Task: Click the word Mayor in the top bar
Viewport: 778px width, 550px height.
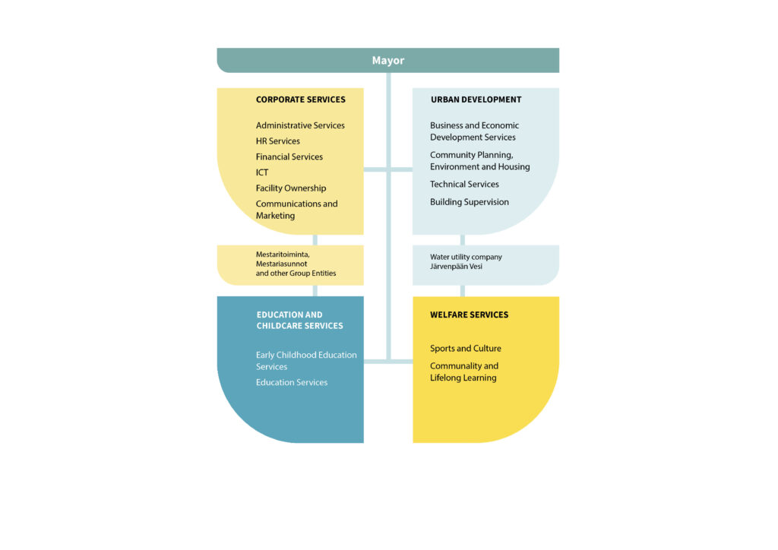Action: tap(388, 61)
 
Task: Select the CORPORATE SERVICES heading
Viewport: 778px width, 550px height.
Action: tap(301, 100)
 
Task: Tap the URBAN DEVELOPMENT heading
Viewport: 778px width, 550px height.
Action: tap(476, 100)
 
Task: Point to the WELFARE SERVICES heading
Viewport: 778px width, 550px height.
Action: tap(469, 315)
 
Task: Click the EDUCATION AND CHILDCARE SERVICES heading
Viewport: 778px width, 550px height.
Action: tap(299, 321)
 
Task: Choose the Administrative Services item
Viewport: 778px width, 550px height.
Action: tap(300, 125)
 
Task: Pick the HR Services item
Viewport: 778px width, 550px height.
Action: tap(278, 141)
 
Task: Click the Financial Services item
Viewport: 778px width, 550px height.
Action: tap(289, 156)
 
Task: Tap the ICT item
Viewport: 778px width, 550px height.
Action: tap(262, 172)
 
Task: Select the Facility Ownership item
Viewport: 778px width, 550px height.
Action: tap(291, 188)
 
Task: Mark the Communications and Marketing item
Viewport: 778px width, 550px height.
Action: tap(297, 210)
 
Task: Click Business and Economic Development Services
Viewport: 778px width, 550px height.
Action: tap(474, 131)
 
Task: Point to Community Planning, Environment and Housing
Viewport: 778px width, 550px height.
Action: tap(480, 161)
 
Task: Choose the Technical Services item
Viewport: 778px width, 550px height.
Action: tap(464, 185)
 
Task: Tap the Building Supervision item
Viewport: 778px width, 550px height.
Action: tap(470, 202)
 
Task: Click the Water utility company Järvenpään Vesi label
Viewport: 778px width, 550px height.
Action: tap(466, 262)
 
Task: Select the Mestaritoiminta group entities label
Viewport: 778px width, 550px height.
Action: tap(296, 264)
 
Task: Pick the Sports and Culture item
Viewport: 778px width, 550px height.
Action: tap(466, 349)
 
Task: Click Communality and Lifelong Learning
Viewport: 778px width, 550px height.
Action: tap(464, 372)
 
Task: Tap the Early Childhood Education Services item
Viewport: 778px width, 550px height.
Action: tap(306, 361)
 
